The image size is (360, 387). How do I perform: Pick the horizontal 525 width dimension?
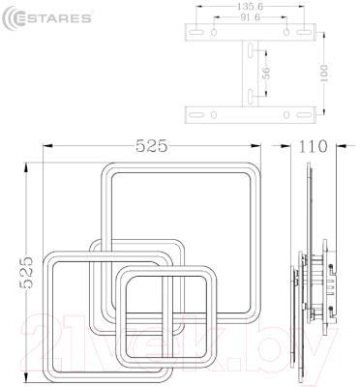click(x=152, y=147)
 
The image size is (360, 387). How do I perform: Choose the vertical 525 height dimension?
click(x=26, y=282)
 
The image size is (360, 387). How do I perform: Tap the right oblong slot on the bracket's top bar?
click(x=291, y=34)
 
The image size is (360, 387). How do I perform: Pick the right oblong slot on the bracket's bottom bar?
click(x=291, y=114)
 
